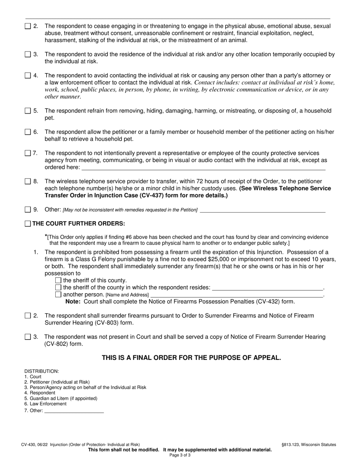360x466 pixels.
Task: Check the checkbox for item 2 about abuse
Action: pyautogui.click(x=28, y=27)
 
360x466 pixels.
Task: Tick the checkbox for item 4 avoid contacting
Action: pyautogui.click(x=28, y=75)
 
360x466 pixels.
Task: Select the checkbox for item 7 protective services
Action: pyautogui.click(x=28, y=153)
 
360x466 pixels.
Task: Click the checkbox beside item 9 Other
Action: pyautogui.click(x=28, y=210)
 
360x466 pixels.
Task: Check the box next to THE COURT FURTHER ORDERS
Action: pyautogui.click(x=28, y=224)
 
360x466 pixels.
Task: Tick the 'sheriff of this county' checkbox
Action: pyautogui.click(x=58, y=280)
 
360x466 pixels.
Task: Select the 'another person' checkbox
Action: pyautogui.click(x=58, y=294)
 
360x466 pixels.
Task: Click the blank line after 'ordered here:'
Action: pyautogui.click(x=203, y=167)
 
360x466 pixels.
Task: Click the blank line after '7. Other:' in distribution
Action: pyautogui.click(x=74, y=411)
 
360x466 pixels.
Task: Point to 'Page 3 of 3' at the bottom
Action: pyautogui.click(x=180, y=455)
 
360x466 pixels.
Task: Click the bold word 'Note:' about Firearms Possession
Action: pyautogui.click(x=74, y=302)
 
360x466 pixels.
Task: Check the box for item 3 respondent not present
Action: pyautogui.click(x=28, y=337)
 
